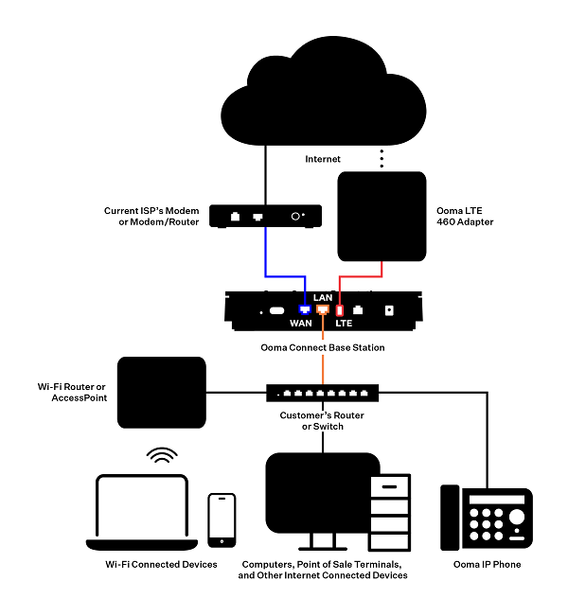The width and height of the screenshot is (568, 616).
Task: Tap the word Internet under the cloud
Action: pos(323,159)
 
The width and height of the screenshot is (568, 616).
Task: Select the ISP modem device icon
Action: pos(264,216)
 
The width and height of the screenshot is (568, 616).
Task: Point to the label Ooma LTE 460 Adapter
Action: pos(463,216)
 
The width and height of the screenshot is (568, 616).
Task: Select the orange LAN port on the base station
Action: pos(323,309)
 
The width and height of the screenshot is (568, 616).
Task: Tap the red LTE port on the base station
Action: pos(339,309)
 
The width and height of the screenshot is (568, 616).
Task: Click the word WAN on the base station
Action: pos(300,324)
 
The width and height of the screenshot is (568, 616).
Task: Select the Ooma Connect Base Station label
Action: pos(322,347)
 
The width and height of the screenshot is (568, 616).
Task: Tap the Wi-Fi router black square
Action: pos(161,392)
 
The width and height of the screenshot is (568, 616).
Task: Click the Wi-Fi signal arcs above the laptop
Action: pos(162,457)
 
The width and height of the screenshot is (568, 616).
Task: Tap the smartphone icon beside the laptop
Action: pos(222,519)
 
